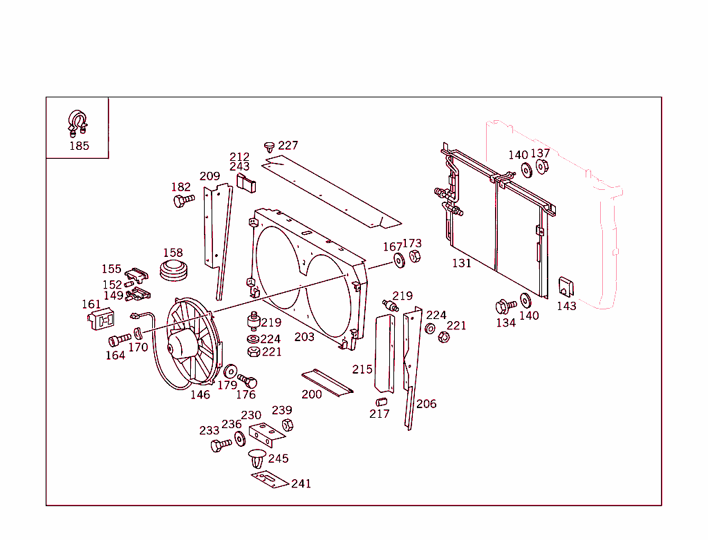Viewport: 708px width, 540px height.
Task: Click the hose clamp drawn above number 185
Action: (x=77, y=122)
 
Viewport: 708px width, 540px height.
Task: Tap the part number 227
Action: (x=288, y=146)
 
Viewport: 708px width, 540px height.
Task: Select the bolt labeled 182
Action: (x=183, y=201)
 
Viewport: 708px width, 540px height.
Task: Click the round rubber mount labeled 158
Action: (x=174, y=270)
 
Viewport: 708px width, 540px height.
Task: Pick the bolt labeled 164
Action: (x=119, y=340)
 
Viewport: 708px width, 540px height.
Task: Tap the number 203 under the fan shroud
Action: (x=304, y=337)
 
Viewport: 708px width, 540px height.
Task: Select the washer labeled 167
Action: (x=399, y=260)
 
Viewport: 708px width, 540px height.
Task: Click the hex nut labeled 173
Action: (x=415, y=257)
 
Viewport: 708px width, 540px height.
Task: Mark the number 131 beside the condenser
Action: (x=461, y=263)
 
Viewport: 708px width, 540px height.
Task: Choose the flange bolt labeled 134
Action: (x=505, y=306)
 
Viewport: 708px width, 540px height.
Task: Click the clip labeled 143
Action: (x=566, y=287)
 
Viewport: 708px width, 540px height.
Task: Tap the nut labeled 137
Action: (x=542, y=167)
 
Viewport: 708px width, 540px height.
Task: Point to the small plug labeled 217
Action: (x=380, y=402)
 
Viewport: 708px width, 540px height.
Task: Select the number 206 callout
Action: (x=427, y=404)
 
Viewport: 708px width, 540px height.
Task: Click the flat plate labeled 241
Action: (x=269, y=479)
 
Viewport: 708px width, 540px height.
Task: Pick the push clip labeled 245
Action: (x=257, y=457)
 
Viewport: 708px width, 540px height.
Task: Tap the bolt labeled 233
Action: (x=221, y=445)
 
